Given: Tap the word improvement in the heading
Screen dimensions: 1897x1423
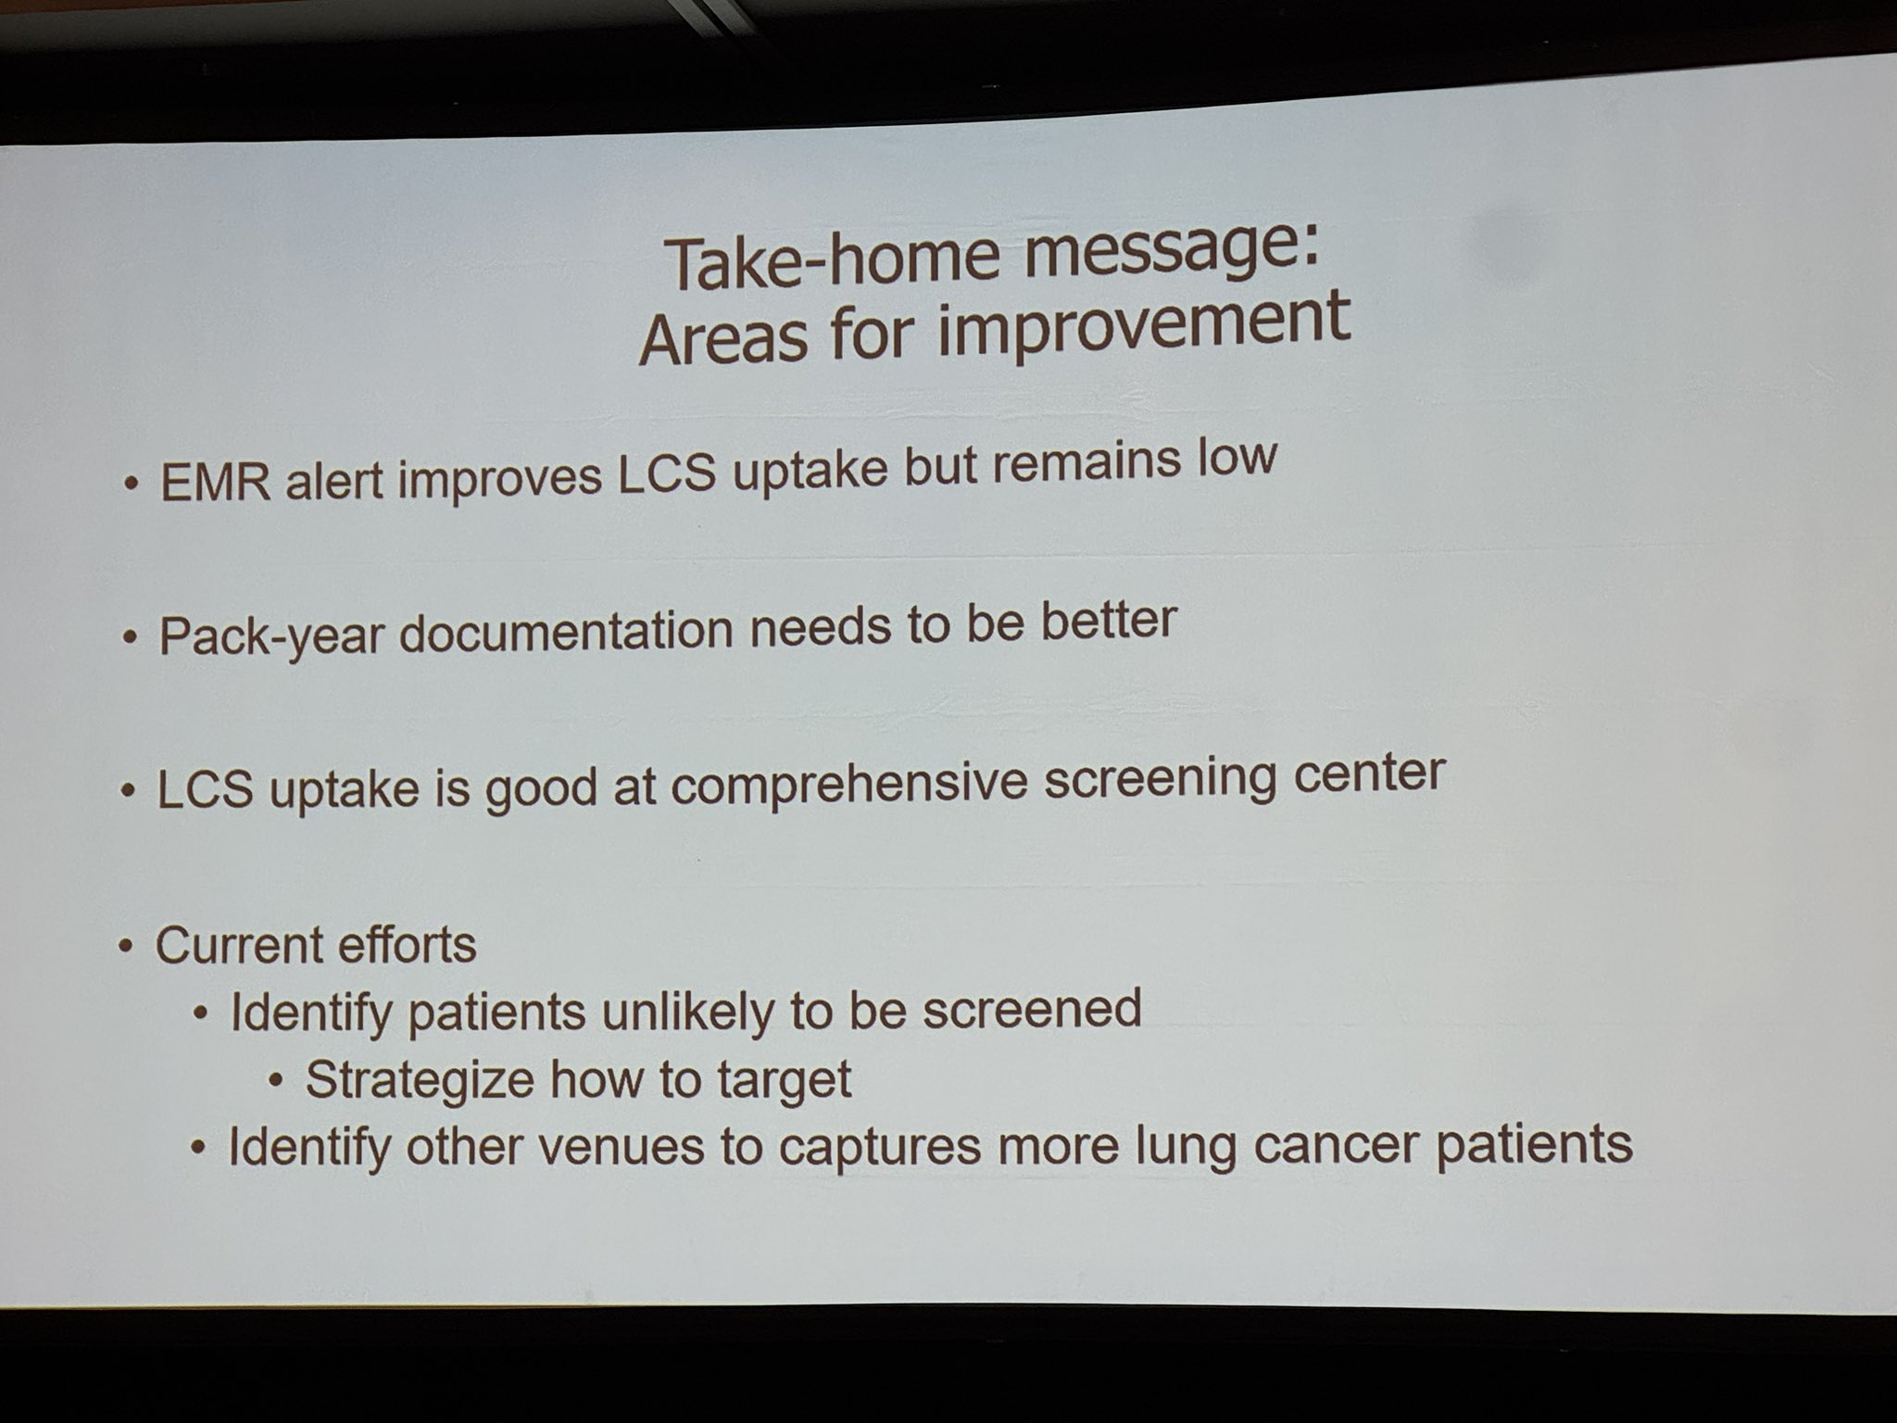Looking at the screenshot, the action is point(1144,320).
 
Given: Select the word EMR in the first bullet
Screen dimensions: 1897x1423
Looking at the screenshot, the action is point(215,483).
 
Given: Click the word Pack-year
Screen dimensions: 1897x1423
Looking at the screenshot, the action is point(271,636).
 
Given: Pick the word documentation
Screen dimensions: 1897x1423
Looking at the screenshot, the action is point(567,629).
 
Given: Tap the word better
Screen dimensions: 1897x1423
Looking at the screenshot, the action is point(1109,619).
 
